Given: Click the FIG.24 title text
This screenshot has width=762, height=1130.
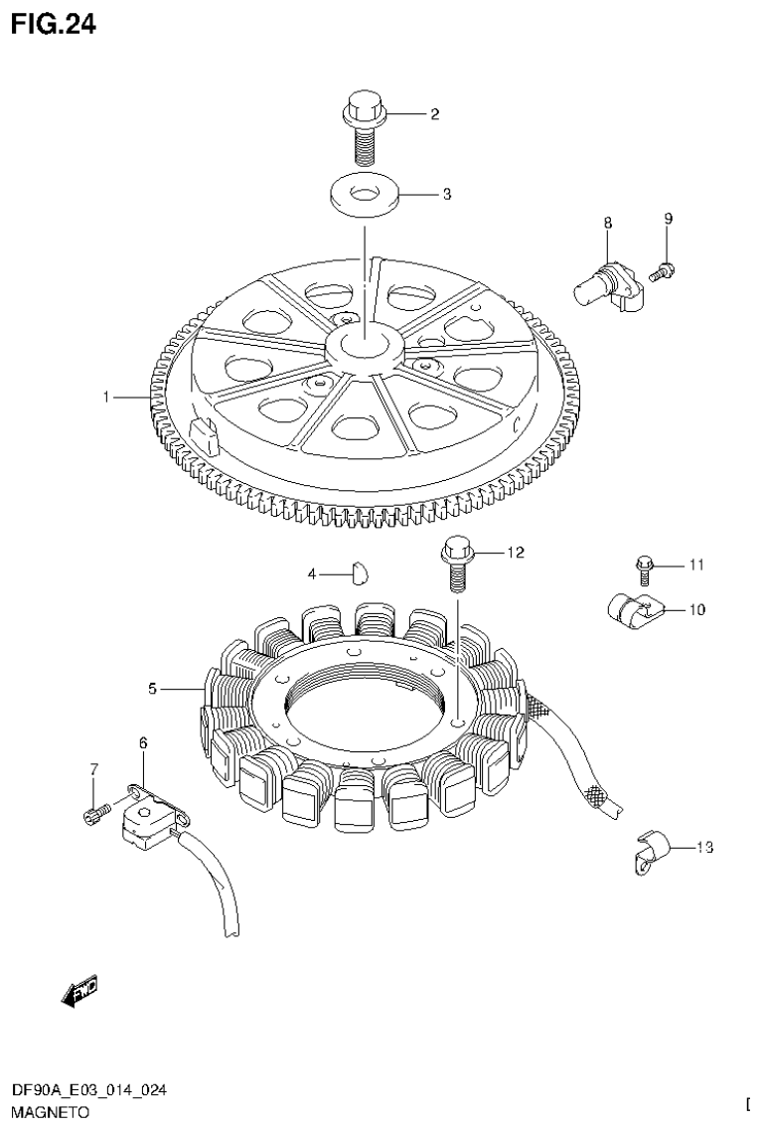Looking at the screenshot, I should click(55, 24).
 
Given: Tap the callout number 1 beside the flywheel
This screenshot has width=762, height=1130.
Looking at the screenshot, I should click(105, 398).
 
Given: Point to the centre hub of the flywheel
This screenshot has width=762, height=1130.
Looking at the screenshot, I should click(365, 347).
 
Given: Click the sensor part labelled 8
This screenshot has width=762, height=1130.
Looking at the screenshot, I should click(605, 281).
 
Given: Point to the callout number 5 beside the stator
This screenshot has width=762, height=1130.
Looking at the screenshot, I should click(152, 688).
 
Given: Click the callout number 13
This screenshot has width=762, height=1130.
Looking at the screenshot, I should click(704, 848).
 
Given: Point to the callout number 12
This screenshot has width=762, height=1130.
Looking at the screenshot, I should click(515, 551).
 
